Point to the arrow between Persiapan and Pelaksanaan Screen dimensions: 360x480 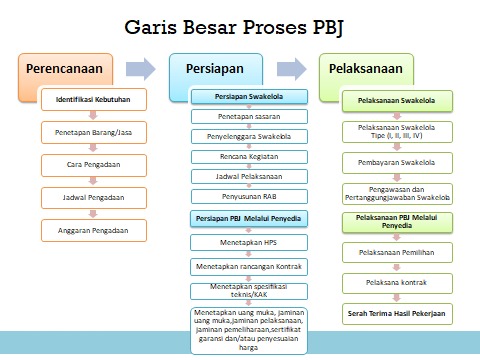coord(291,70)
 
